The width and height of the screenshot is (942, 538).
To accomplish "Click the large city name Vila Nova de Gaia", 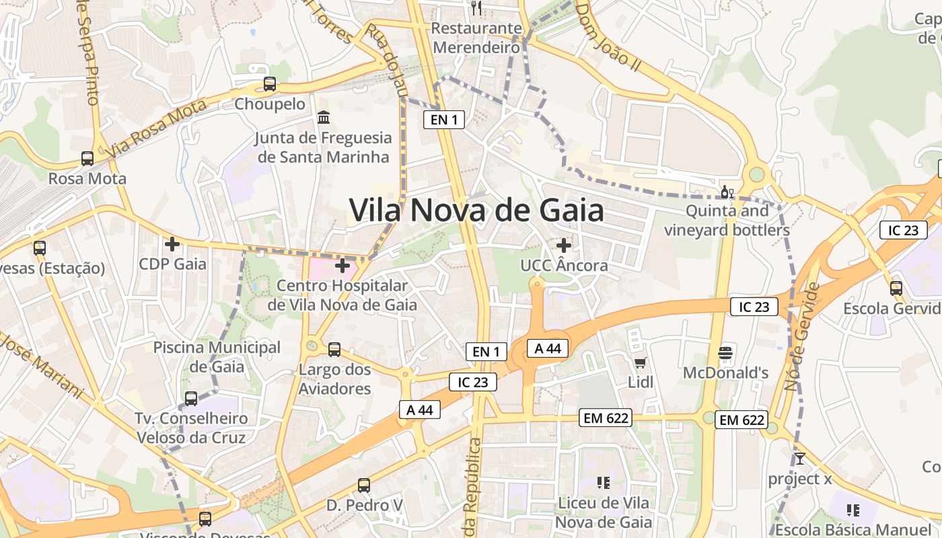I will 476,210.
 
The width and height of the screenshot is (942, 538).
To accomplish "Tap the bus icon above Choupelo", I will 270,85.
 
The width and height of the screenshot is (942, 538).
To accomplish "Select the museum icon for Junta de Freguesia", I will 324,118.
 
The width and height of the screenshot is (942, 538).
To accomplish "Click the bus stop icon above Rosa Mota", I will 87,159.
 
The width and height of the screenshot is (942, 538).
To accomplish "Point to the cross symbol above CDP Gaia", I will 172,244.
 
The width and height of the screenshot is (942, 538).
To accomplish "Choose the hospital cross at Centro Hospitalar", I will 342,266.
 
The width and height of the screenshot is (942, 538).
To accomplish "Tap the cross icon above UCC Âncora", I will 564,246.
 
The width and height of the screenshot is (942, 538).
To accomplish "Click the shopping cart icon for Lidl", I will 640,362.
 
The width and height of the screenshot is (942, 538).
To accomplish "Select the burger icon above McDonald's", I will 725,352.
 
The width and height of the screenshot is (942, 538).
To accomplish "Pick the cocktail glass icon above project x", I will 799,459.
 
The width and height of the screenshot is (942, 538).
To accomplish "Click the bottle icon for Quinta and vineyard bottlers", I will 727,192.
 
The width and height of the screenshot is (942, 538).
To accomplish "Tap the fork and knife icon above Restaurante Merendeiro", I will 476,8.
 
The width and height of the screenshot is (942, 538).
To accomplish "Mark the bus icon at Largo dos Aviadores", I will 334,350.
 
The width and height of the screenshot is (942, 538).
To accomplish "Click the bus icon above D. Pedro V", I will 364,485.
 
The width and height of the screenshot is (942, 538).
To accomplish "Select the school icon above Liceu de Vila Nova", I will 603,482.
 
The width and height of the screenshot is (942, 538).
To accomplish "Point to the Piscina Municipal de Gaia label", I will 217,357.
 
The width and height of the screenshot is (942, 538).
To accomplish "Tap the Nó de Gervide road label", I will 803,336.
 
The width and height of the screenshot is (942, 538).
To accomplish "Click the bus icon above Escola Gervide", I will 896,289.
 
